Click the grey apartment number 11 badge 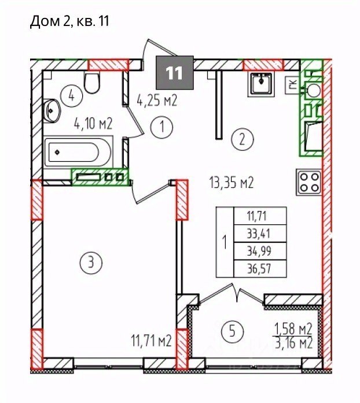[175, 72]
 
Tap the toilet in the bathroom [92, 83]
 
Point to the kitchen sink [261, 84]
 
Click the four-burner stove [309, 182]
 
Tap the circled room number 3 [91, 263]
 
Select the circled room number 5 [232, 331]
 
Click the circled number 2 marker [243, 140]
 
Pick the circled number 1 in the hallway [162, 127]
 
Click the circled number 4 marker [72, 97]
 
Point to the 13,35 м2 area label [232, 183]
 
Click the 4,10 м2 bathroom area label [93, 124]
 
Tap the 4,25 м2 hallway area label [157, 100]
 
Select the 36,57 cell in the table [259, 269]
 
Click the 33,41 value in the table [259, 234]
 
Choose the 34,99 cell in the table [259, 251]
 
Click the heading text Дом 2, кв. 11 [69, 21]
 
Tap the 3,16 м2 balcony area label [294, 343]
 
